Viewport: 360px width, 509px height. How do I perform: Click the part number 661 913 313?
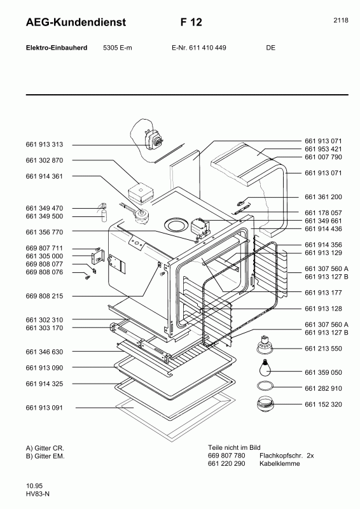45,144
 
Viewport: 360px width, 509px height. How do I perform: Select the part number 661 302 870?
45,160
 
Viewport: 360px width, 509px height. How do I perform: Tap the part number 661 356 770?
45,232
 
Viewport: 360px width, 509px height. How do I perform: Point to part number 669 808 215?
45,296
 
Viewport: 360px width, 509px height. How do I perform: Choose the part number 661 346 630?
45,352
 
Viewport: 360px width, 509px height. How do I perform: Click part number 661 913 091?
45,408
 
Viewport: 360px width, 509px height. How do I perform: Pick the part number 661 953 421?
323,148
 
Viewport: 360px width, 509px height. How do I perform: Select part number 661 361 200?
323,197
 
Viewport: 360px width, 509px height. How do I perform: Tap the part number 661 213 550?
323,349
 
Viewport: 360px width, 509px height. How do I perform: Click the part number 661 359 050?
323,373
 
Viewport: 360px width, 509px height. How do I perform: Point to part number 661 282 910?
323,388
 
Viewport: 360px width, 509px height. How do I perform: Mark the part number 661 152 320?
323,405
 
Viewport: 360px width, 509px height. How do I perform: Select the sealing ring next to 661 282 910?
263,387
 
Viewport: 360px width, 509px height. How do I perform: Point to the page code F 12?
191,22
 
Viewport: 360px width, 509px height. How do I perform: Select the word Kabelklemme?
279,464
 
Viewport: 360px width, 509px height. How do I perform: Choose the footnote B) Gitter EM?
45,456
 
